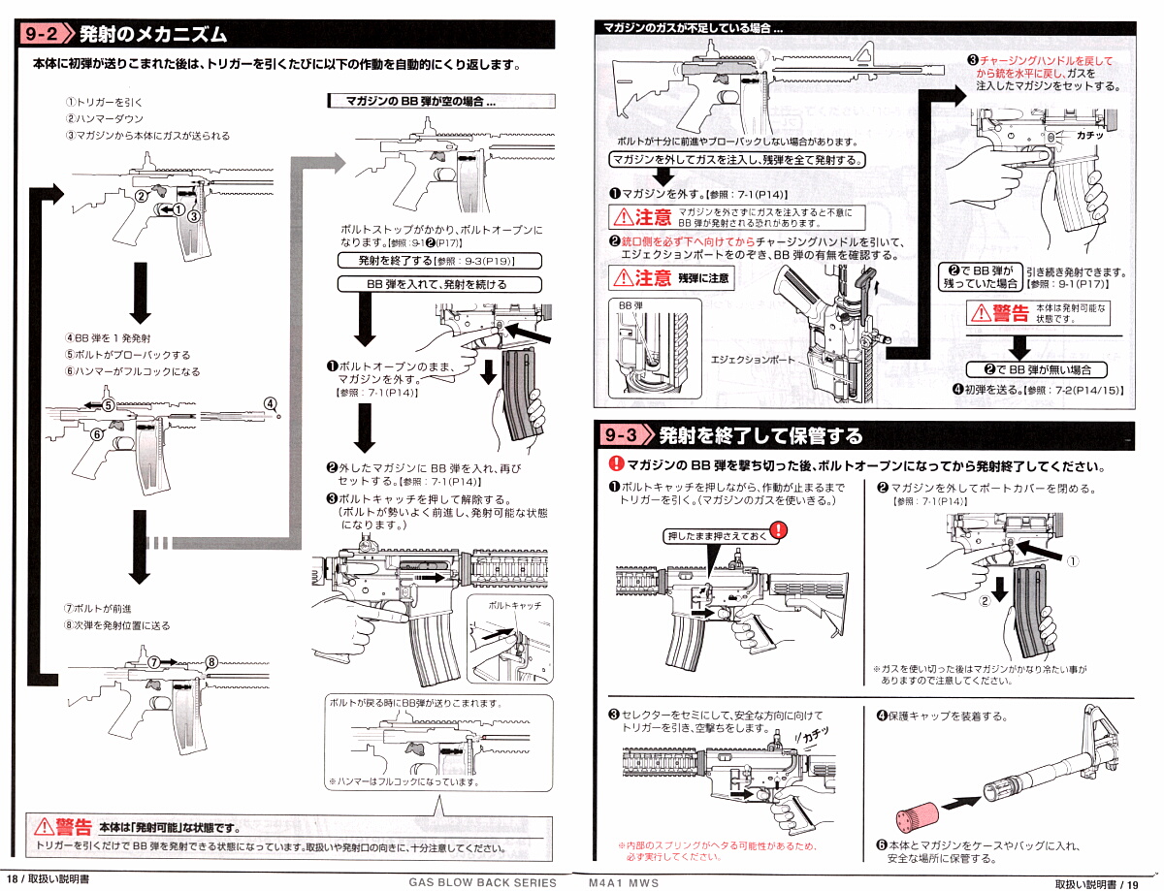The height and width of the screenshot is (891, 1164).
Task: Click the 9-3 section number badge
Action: (x=622, y=435)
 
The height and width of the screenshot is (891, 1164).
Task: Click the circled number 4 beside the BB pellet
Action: (x=271, y=404)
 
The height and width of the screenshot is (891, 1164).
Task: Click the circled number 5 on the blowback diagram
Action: (x=109, y=404)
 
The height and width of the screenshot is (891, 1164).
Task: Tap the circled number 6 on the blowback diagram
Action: (x=97, y=435)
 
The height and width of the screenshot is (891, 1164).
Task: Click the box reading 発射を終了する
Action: (x=438, y=261)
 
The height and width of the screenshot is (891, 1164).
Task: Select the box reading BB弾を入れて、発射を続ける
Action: (x=438, y=284)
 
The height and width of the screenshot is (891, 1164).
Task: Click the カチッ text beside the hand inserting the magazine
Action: (x=1090, y=135)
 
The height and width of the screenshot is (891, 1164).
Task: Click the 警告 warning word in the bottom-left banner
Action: (x=72, y=826)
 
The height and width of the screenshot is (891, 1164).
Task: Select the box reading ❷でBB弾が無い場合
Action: (x=1037, y=370)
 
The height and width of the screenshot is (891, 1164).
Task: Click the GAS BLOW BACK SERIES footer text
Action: (x=483, y=882)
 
